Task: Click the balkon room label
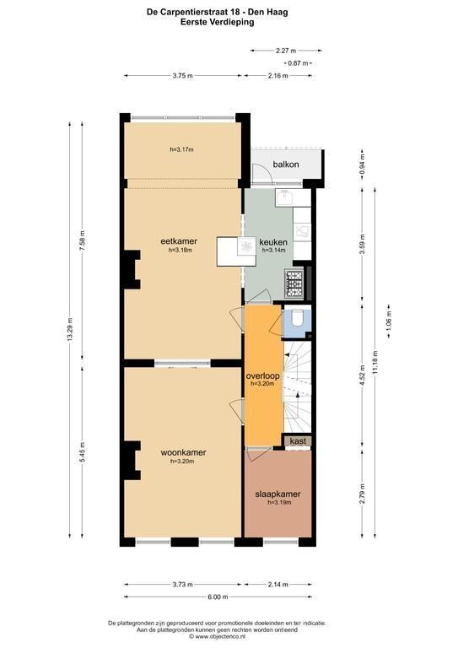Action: click(286, 165)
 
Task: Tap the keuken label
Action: click(273, 242)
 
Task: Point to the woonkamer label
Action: click(183, 452)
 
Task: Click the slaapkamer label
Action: click(277, 494)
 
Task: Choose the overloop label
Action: click(262, 376)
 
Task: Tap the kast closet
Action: click(298, 441)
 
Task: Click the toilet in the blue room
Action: click(298, 318)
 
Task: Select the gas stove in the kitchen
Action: click(294, 283)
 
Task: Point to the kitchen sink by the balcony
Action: click(284, 198)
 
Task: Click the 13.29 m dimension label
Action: click(70, 329)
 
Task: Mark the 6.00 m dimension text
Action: click(218, 597)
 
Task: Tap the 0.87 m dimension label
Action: click(298, 63)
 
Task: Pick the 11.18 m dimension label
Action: click(375, 363)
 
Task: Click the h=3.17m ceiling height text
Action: click(181, 149)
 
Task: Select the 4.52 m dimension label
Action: click(362, 375)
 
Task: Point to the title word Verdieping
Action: click(233, 22)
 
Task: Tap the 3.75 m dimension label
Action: click(182, 76)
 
